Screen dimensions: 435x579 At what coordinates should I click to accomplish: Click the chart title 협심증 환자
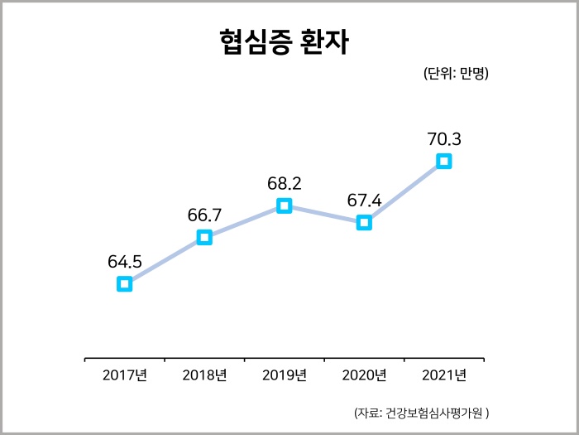(285, 42)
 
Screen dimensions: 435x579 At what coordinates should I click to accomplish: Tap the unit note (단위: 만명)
(456, 74)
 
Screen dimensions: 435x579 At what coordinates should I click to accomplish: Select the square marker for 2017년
(124, 284)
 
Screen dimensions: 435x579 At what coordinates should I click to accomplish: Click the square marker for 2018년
(204, 238)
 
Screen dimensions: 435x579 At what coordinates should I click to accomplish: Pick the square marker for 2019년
(284, 205)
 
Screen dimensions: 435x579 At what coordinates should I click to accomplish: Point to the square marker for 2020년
(364, 222)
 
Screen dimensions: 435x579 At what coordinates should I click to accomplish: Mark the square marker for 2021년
(444, 161)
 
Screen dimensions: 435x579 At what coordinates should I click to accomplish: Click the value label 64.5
(125, 262)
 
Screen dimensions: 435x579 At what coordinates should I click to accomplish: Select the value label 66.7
(204, 215)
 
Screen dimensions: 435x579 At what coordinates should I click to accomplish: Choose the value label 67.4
(364, 200)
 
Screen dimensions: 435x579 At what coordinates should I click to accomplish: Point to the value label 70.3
(444, 138)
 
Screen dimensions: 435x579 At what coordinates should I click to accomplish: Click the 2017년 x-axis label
(125, 375)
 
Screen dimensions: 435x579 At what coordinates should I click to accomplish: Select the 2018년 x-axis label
(204, 375)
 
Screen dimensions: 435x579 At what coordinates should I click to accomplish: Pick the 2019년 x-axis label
(285, 375)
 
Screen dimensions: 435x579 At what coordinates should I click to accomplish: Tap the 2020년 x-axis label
(364, 375)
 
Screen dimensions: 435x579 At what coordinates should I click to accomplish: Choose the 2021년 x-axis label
(444, 375)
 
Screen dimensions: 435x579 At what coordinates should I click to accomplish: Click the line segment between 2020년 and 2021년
(404, 191)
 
